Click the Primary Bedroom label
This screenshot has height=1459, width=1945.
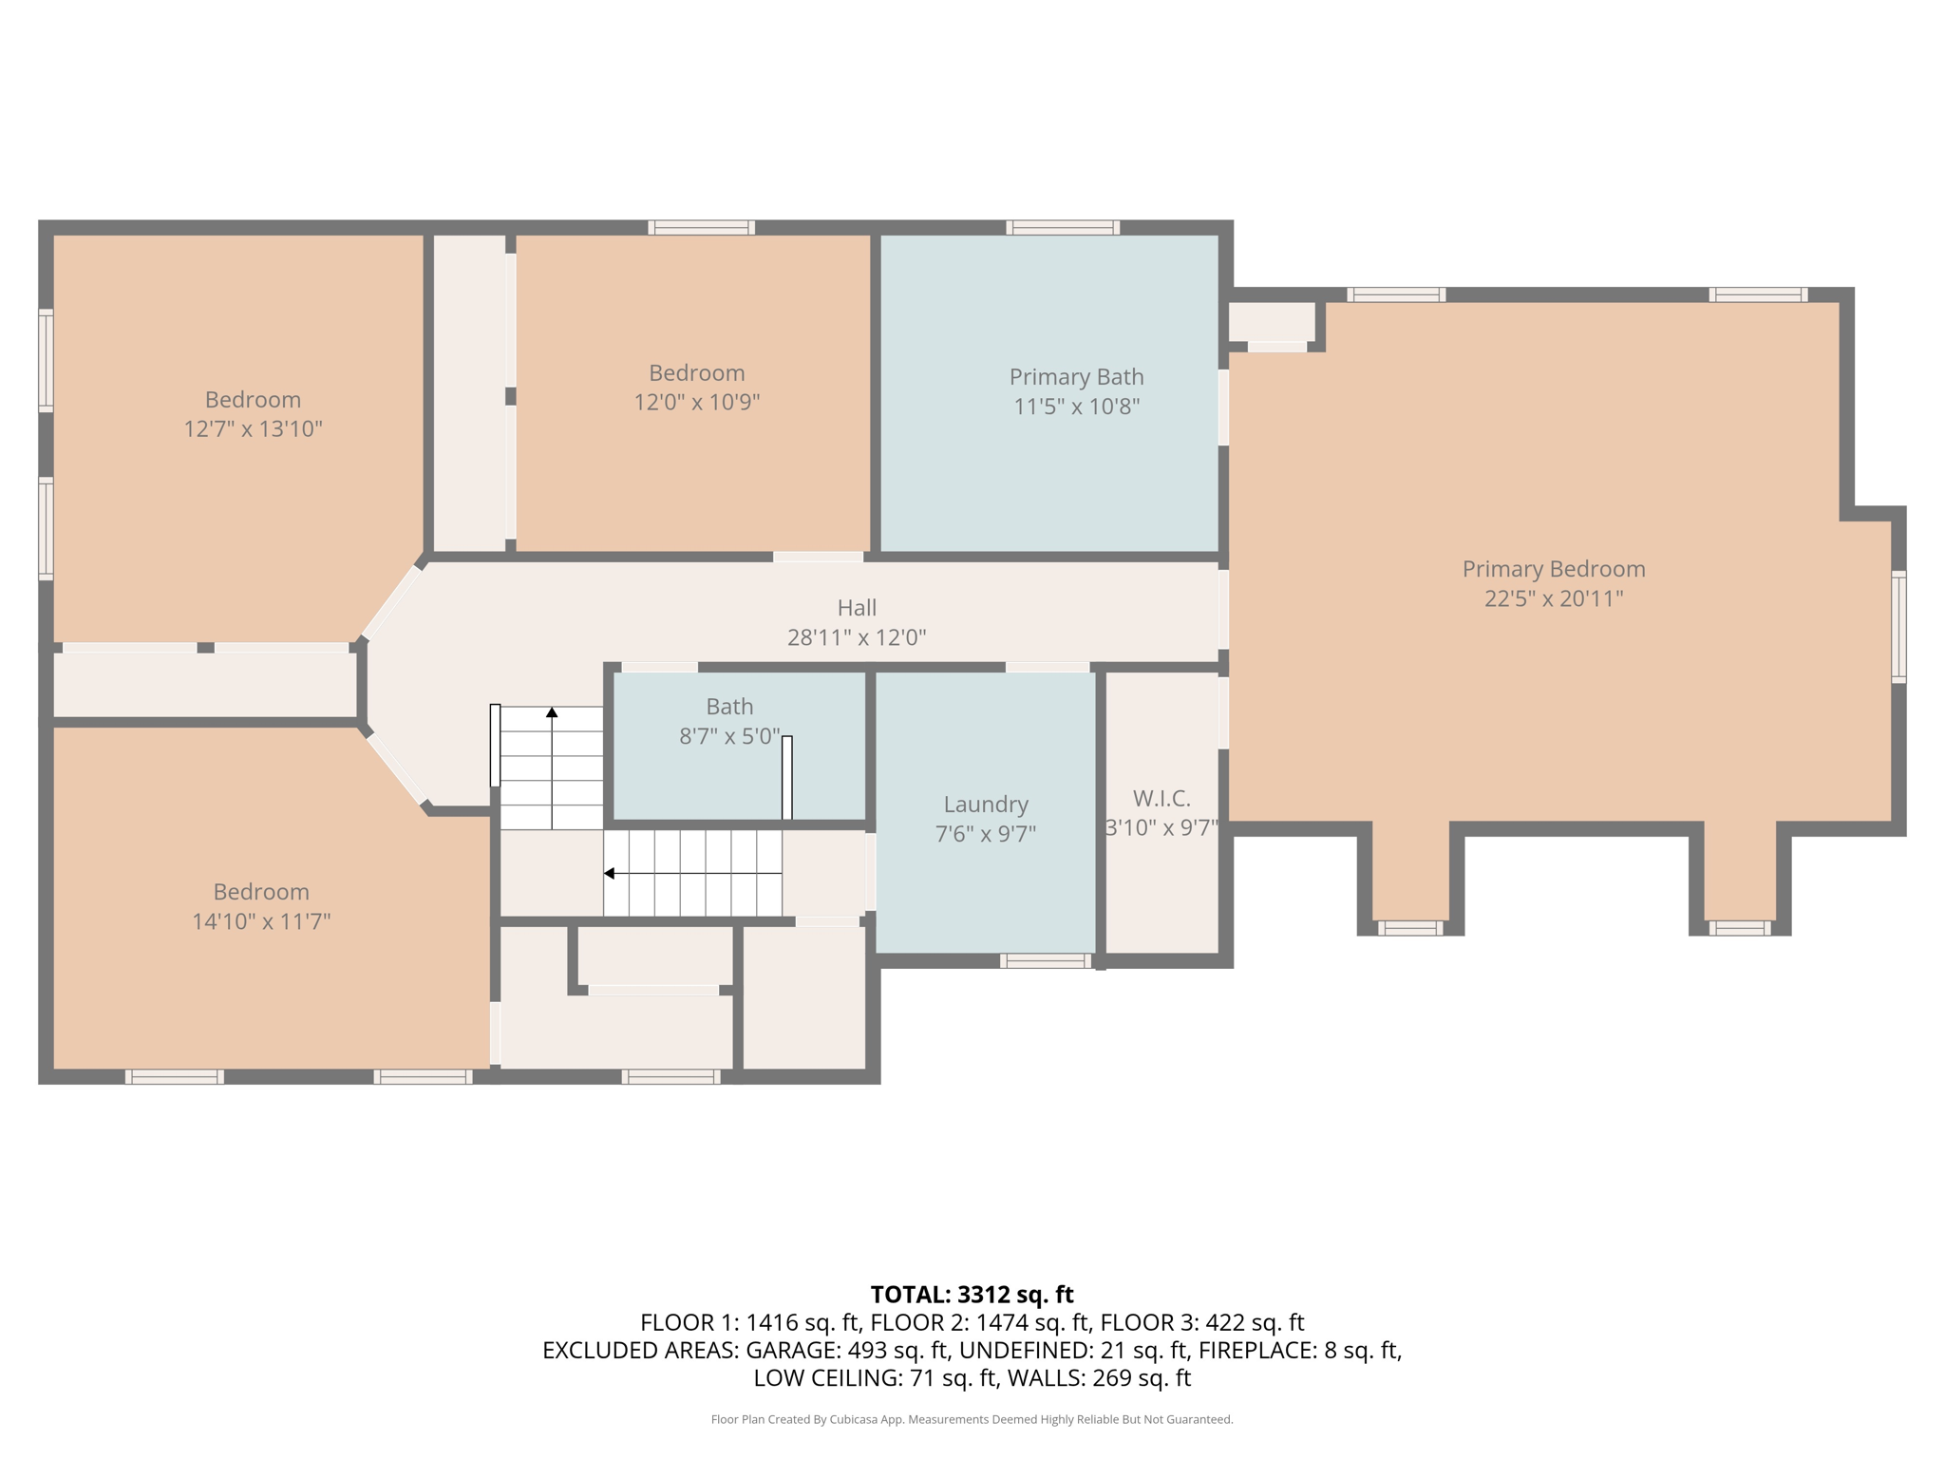tap(1553, 569)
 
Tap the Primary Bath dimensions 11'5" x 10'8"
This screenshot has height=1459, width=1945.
tap(1076, 407)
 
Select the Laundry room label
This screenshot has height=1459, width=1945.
tap(985, 805)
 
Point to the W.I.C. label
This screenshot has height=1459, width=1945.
tap(1161, 798)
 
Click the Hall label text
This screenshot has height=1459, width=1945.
tap(856, 608)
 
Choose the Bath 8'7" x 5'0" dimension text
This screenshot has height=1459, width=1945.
tap(728, 736)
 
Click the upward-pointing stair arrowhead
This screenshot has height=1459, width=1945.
tap(552, 712)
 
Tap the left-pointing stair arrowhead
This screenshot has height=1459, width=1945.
tap(610, 873)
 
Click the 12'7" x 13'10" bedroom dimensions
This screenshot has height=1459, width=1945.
tap(253, 429)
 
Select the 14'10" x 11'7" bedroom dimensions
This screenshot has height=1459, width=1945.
tap(261, 921)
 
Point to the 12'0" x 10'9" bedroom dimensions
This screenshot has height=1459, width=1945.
tap(696, 402)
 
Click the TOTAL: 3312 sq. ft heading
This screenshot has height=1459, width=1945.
tap(972, 1295)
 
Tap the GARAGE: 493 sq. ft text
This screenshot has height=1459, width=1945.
tap(847, 1350)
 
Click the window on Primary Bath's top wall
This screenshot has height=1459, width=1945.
tap(1063, 227)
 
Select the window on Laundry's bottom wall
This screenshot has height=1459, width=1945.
tap(1045, 961)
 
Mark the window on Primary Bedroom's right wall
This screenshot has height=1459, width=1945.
tap(1898, 626)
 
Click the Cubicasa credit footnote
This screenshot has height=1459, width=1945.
tap(972, 1419)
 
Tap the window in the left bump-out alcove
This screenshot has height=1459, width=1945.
tap(1409, 928)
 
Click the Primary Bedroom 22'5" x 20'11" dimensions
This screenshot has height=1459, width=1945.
tap(1553, 598)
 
